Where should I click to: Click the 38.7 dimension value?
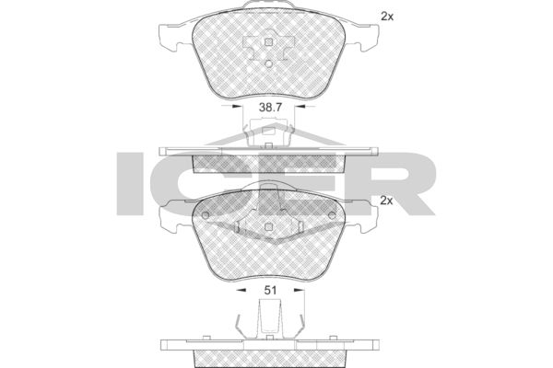pyautogui.click(x=270, y=108)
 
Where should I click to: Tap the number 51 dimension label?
pyautogui.click(x=270, y=290)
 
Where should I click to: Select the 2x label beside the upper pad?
pyautogui.click(x=387, y=17)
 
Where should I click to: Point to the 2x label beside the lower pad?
pyautogui.click(x=386, y=201)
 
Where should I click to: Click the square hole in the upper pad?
pyautogui.click(x=269, y=42)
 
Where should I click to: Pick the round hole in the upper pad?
pyautogui.click(x=269, y=63)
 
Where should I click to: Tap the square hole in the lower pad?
pyautogui.click(x=269, y=227)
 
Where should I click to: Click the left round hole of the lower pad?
pyautogui.click(x=206, y=215)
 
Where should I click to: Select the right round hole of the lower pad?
pyautogui.click(x=332, y=215)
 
